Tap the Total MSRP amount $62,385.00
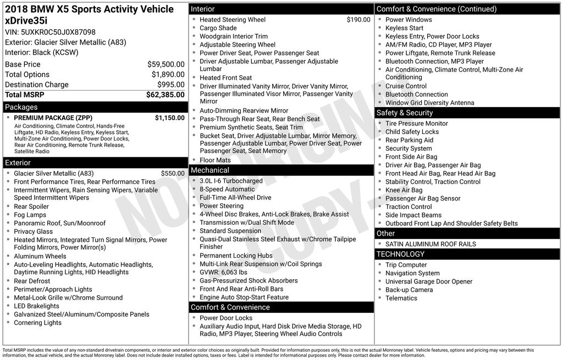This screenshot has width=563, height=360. (x=165, y=95)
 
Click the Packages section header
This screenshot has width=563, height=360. (x=21, y=107)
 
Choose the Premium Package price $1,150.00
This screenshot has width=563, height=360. (x=169, y=118)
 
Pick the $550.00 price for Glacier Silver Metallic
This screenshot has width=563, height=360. (x=173, y=173)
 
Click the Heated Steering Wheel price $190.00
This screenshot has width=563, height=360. (x=358, y=20)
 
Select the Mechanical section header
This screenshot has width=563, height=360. (x=210, y=170)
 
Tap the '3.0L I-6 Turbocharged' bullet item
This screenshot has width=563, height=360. (x=231, y=181)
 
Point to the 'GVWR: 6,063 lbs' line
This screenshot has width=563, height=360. (x=223, y=272)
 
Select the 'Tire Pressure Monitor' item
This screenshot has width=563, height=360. (x=416, y=124)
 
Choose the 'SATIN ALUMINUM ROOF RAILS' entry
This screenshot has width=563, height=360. (x=430, y=244)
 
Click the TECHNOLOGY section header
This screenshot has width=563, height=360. (x=400, y=254)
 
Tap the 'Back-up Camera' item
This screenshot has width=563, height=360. (x=409, y=290)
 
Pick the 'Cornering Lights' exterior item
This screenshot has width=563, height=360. (x=37, y=323)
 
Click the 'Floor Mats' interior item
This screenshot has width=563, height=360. (x=216, y=160)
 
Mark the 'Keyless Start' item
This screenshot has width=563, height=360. (x=404, y=28)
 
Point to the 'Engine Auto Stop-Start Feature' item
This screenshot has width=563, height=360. (x=244, y=297)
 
